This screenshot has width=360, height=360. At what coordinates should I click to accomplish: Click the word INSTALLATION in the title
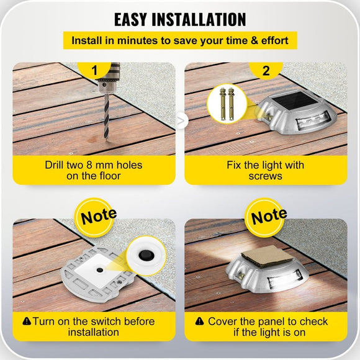pos(202,19)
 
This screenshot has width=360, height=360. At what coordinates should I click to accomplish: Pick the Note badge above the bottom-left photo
pos(98,217)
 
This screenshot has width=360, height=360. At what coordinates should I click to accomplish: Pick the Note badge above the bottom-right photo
pos(269,217)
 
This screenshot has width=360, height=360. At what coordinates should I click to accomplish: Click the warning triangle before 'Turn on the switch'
pos(26,322)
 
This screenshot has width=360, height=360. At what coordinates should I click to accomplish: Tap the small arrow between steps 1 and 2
pos(181,122)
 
